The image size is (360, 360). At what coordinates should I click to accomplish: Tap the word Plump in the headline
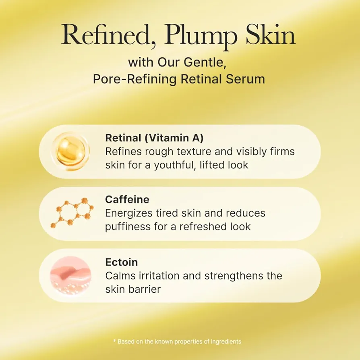pyautogui.click(x=200, y=37)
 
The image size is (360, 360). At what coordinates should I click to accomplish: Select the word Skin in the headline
pyautogui.click(x=271, y=35)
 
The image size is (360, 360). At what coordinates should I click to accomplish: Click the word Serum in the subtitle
pyautogui.click(x=245, y=79)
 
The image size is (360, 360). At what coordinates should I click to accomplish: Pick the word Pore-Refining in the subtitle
pyautogui.click(x=135, y=79)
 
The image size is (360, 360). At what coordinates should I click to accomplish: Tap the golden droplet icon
pyautogui.click(x=70, y=151)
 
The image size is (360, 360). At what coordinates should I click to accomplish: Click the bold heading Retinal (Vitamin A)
pyautogui.click(x=154, y=138)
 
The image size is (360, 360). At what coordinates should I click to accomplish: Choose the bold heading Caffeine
pyautogui.click(x=127, y=199)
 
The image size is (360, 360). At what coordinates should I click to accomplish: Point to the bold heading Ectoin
pyautogui.click(x=122, y=262)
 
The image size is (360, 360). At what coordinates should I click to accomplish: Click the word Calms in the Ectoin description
pyautogui.click(x=120, y=276)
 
